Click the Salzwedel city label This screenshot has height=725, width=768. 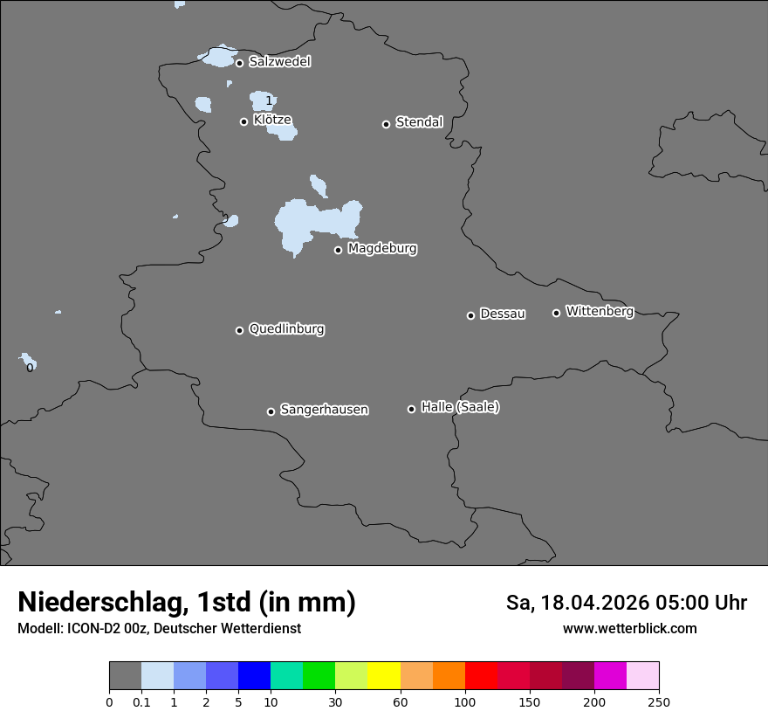[x=279, y=62]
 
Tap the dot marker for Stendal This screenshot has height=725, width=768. [x=386, y=124]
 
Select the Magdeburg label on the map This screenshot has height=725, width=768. [x=382, y=249]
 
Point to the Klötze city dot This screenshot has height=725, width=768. [x=244, y=121]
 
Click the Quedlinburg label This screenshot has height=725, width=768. [x=286, y=329]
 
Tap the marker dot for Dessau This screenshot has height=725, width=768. [x=470, y=315]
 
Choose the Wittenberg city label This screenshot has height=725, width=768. [x=600, y=311]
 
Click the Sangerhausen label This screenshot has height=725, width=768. [x=324, y=410]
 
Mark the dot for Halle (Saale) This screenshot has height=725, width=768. [x=411, y=409]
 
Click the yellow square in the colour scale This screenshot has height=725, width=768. [x=384, y=676]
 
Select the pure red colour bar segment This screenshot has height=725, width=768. [x=481, y=676]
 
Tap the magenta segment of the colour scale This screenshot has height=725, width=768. [x=610, y=676]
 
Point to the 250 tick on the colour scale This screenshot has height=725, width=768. [x=659, y=701]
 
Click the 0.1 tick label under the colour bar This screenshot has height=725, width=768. [x=141, y=701]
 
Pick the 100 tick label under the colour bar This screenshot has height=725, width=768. [x=465, y=701]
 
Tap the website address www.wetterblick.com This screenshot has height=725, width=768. [x=630, y=629]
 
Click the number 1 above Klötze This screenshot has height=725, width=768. [x=269, y=101]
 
